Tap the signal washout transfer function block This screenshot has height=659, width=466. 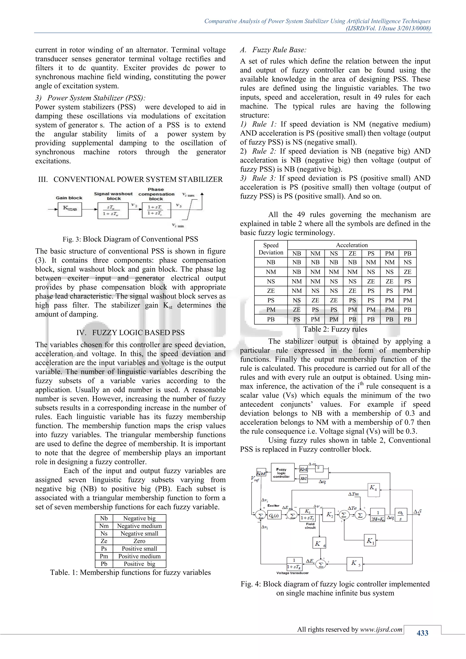[x=113, y=210]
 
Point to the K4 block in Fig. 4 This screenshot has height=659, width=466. [x=374, y=489]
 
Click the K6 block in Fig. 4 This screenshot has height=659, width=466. [x=319, y=544]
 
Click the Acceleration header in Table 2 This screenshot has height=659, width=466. [x=352, y=245]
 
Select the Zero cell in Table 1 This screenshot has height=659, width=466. [x=139, y=541]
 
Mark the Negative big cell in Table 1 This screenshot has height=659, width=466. [x=139, y=518]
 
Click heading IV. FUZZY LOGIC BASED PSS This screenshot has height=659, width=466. [x=130, y=333]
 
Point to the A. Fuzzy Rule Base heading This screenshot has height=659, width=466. [x=273, y=50]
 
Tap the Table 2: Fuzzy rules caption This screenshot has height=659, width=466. [x=335, y=329]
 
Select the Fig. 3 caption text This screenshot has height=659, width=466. [x=130, y=239]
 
